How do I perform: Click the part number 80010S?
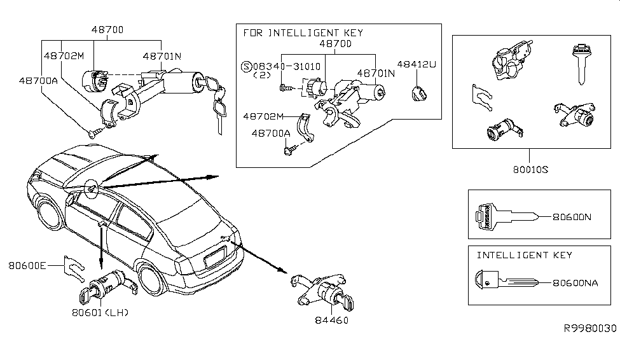530,170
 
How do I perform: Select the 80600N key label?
572,217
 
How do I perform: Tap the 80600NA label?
575,283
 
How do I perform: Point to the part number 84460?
331,320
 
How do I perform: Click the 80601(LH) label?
100,312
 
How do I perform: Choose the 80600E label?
27,265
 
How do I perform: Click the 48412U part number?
417,64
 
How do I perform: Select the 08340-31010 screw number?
287,66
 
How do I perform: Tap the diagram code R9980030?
590,328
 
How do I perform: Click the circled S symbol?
246,66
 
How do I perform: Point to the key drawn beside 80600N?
507,217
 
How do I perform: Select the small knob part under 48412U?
419,94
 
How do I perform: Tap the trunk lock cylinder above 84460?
322,291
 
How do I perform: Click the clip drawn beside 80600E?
74,268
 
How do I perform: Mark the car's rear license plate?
216,257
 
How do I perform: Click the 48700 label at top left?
107,30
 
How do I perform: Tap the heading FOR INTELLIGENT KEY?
303,33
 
